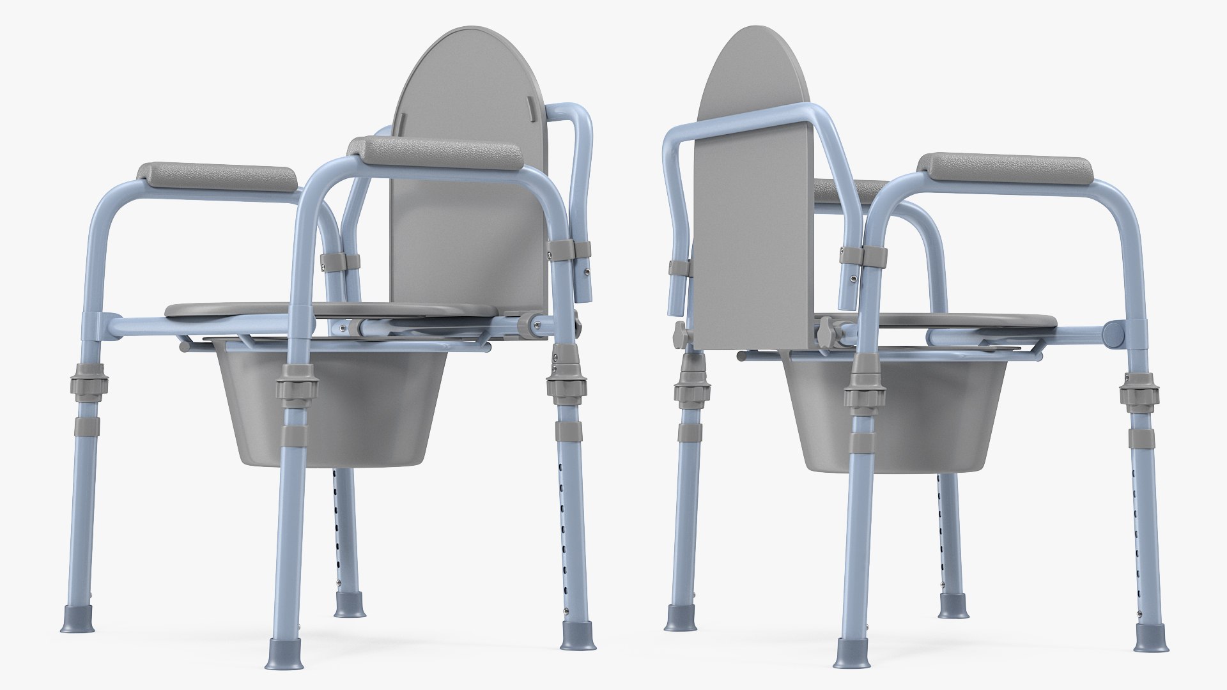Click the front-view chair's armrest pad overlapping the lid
pos(435,153)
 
